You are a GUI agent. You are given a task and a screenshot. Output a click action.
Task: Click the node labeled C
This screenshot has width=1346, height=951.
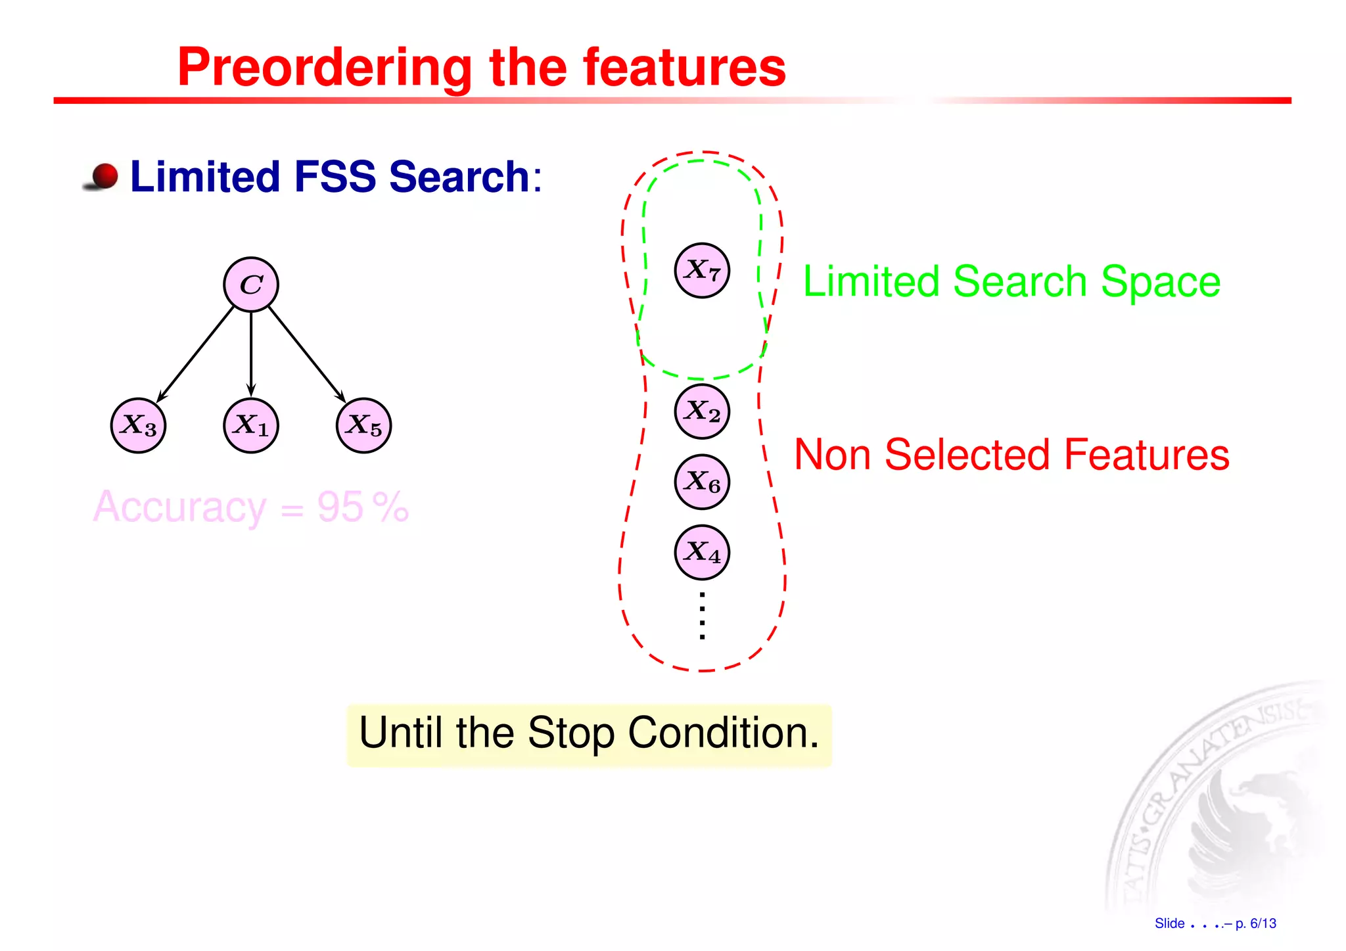(251, 284)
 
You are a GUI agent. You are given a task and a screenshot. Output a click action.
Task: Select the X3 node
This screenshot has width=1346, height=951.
(138, 425)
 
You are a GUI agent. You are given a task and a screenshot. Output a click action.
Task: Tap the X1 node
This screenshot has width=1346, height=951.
(251, 425)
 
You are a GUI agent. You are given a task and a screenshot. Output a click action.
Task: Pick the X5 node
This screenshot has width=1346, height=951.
(363, 425)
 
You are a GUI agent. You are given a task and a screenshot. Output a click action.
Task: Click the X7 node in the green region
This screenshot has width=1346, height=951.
(702, 270)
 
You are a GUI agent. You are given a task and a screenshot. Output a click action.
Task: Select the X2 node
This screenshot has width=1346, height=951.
(702, 411)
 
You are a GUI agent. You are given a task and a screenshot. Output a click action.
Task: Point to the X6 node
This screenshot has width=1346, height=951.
(702, 482)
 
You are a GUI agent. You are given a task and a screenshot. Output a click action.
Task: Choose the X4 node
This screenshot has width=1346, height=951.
(702, 552)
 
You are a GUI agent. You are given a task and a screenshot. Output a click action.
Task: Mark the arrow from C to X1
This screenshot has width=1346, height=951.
(251, 355)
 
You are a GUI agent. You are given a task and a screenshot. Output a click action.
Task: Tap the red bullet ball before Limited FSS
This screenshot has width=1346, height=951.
(104, 176)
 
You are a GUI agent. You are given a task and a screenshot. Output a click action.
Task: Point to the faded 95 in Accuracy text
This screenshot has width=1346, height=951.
(340, 507)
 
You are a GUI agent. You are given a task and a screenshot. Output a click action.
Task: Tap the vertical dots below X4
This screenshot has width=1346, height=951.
(702, 615)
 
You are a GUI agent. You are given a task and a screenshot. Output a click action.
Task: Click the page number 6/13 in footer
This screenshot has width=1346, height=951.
(1263, 923)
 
